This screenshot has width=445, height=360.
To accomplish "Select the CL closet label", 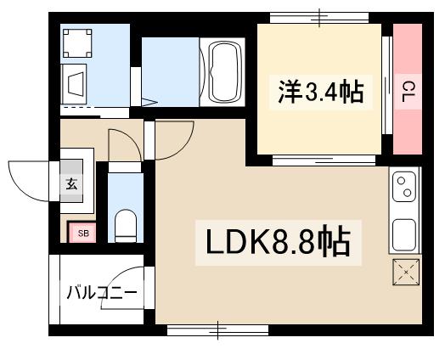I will pyautogui.click(x=408, y=89).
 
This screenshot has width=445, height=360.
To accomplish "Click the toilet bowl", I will pyautogui.click(x=127, y=224).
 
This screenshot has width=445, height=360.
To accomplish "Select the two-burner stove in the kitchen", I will pyautogui.click(x=404, y=188).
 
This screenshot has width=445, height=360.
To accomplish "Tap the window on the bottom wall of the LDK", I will pyautogui.click(x=217, y=328).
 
